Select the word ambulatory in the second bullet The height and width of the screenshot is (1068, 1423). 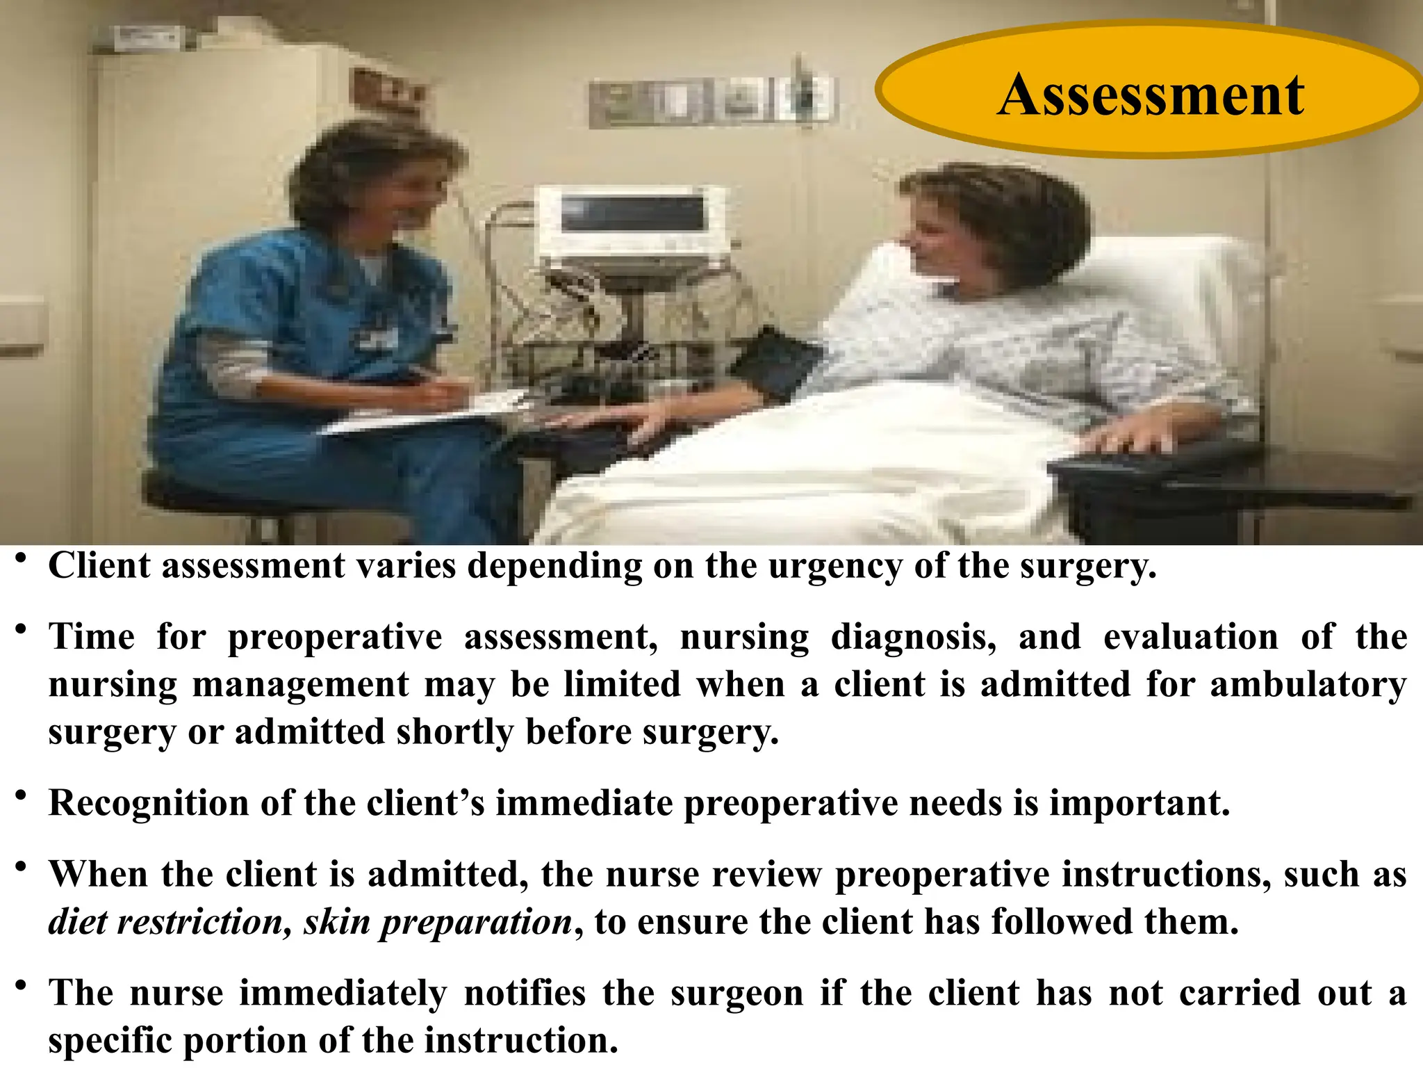click(1308, 684)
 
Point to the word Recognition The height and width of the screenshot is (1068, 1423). click(148, 803)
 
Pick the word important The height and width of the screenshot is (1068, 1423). click(1140, 803)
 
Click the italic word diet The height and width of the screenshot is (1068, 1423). click(79, 922)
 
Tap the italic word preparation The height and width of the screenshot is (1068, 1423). click(476, 923)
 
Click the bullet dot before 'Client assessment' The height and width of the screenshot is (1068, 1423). click(22, 558)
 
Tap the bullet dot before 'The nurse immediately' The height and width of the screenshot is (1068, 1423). click(22, 985)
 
